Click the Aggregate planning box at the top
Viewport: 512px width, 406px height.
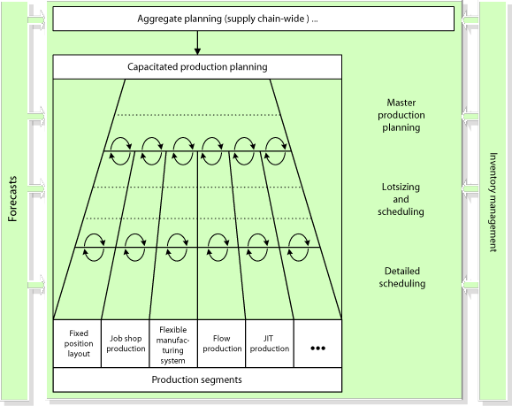pyautogui.click(x=254, y=19)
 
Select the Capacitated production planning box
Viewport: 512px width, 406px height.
pyautogui.click(x=197, y=67)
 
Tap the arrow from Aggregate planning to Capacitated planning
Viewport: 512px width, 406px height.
pyautogui.click(x=197, y=42)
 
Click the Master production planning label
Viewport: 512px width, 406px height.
pyautogui.click(x=401, y=115)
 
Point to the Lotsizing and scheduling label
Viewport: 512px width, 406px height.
pyautogui.click(x=401, y=199)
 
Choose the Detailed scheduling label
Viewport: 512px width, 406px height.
pyautogui.click(x=402, y=277)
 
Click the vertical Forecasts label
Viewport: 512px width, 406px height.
pyautogui.click(x=12, y=199)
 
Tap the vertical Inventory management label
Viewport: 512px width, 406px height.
pyautogui.click(x=493, y=203)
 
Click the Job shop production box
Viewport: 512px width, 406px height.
pyautogui.click(x=126, y=343)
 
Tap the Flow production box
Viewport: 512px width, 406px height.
pyautogui.click(x=221, y=343)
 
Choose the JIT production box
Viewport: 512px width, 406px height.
pyautogui.click(x=270, y=343)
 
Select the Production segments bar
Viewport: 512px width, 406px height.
pyautogui.click(x=197, y=379)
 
